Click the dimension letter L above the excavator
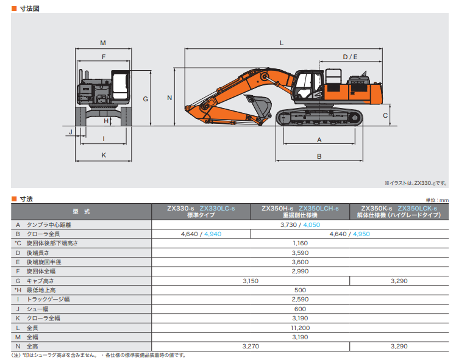point(281,43)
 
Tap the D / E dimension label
point(349,57)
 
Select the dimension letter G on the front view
point(145,98)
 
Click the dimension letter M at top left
point(103,43)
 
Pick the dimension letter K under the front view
point(104,156)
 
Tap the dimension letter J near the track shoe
point(71,131)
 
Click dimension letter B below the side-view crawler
point(319,156)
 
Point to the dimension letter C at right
point(386,115)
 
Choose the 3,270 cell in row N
point(251,347)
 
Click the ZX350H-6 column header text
point(277,208)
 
